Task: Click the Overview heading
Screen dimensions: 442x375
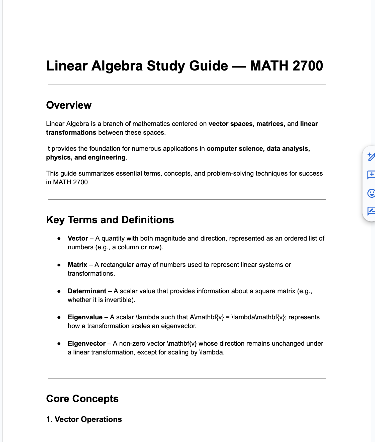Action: click(69, 105)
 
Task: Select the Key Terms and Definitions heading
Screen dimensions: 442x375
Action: click(110, 220)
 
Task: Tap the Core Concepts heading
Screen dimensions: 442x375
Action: click(82, 399)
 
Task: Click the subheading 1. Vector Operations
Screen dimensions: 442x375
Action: click(84, 419)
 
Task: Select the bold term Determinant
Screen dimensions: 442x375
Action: click(87, 291)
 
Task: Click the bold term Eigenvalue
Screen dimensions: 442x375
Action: click(85, 317)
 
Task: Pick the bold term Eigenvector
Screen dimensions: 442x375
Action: click(86, 343)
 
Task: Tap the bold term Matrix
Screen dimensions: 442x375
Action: click(77, 265)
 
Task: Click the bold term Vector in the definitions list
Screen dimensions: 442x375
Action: click(78, 238)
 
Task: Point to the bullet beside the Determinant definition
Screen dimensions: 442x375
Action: click(59, 291)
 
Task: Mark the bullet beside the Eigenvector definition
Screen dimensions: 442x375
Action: click(59, 344)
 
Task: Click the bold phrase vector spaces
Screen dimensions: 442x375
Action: click(230, 124)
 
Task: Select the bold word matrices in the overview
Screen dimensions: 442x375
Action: click(270, 124)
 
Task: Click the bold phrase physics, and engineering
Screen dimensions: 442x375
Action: click(85, 157)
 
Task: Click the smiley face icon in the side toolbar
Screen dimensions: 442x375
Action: click(371, 193)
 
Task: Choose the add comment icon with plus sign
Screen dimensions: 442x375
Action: click(371, 175)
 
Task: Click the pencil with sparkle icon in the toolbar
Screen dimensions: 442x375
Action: click(371, 157)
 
